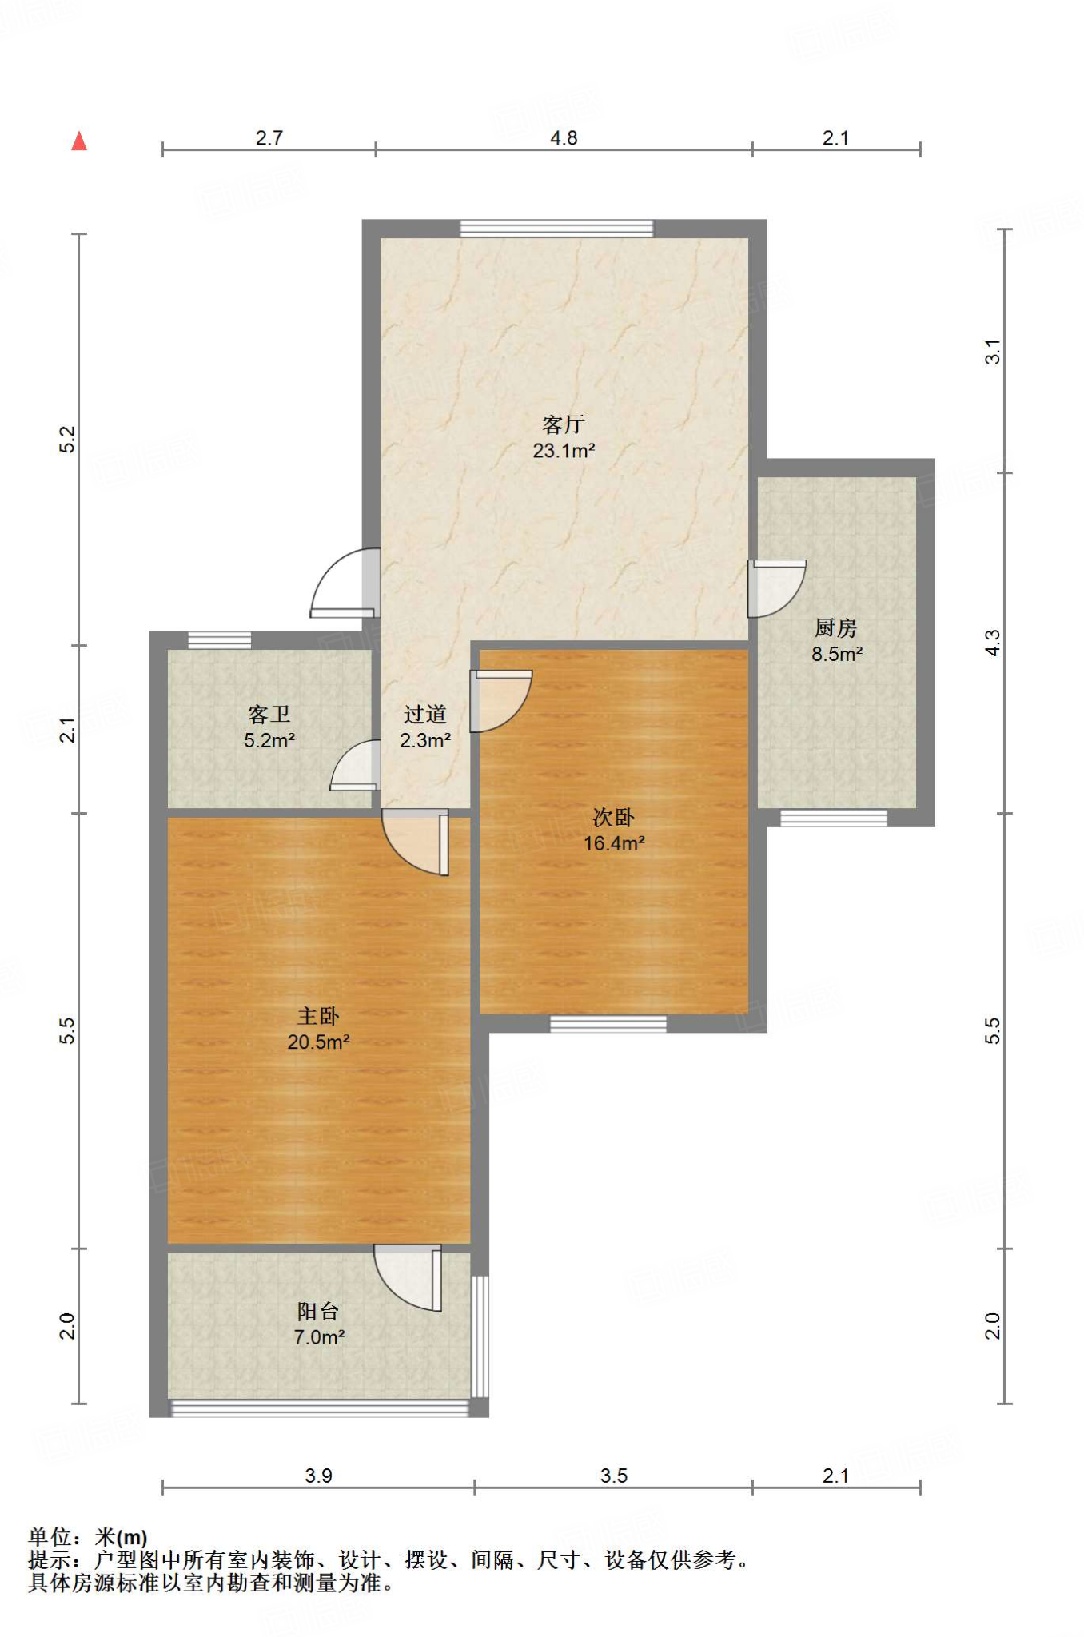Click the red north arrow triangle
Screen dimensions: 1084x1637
79,141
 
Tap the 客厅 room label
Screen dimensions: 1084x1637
564,424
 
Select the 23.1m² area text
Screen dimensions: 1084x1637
564,451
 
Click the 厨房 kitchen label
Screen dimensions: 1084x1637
836,628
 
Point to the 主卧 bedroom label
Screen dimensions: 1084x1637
318,1016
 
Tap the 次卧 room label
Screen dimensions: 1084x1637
613,817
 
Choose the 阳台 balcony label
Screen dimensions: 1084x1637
318,1311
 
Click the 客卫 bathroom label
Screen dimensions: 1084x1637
269,715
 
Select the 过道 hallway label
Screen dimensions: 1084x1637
425,715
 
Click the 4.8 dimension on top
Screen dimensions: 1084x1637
564,138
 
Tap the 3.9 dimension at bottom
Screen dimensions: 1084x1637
318,1476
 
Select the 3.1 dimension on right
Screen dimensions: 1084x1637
992,352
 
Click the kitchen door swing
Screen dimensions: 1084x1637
776,589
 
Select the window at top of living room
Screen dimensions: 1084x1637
556,229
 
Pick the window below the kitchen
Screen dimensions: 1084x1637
834,818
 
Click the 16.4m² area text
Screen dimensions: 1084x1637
614,843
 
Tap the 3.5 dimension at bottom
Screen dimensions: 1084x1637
614,1476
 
